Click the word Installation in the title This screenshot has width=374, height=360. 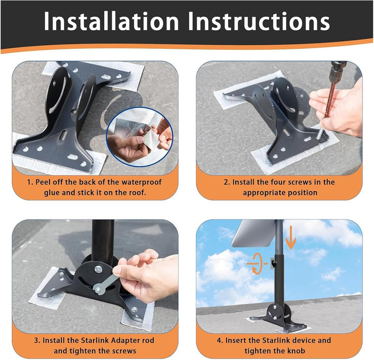coord(111,21)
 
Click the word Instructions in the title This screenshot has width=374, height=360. coord(259,21)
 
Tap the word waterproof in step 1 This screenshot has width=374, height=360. coord(142,182)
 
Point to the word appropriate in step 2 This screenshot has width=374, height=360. coord(263,193)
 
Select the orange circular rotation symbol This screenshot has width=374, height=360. coord(258,263)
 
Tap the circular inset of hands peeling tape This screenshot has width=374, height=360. coord(140,137)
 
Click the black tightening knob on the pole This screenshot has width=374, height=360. coord(273,263)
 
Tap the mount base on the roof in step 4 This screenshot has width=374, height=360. coord(278,318)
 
